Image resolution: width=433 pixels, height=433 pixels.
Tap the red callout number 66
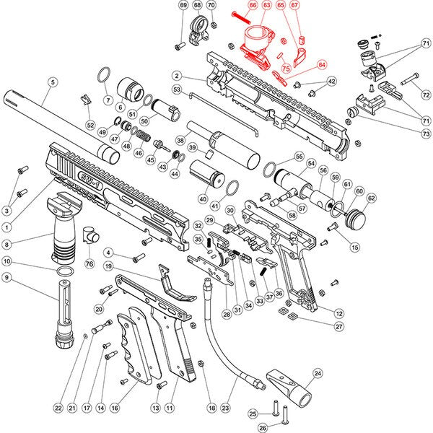click(252, 5)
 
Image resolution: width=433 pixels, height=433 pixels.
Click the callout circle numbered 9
click(7, 277)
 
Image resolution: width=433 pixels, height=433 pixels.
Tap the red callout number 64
click(322, 63)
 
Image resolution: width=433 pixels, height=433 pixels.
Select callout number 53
click(177, 89)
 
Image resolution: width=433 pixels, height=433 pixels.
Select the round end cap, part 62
click(356, 216)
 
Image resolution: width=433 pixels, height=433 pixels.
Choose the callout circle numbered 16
click(114, 407)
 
